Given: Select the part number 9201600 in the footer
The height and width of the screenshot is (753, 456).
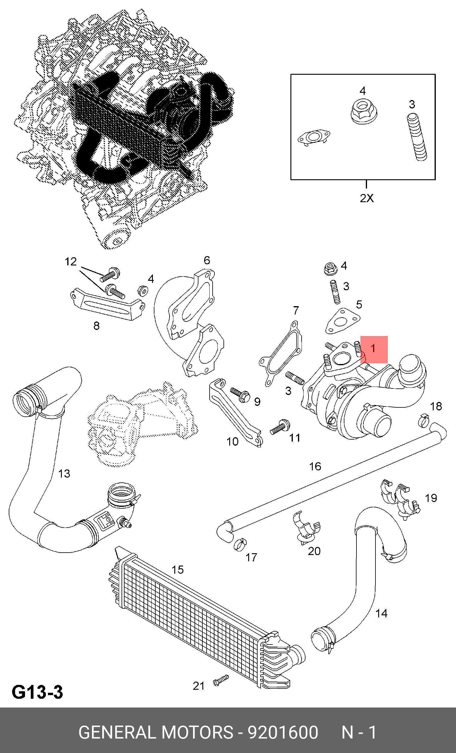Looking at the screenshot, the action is [x=283, y=732].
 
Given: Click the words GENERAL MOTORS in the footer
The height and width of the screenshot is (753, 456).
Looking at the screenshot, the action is [x=156, y=732].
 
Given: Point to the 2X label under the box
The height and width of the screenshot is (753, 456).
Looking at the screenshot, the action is [x=367, y=198].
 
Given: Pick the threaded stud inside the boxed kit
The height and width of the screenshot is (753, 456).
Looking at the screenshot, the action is [x=416, y=137].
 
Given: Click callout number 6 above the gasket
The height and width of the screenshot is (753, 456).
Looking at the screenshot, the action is [x=207, y=260].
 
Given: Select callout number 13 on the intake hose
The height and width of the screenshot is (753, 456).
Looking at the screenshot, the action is [x=64, y=474].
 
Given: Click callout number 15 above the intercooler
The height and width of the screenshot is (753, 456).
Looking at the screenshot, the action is [x=178, y=569].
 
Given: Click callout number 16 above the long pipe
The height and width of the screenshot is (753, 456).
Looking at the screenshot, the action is [x=315, y=466].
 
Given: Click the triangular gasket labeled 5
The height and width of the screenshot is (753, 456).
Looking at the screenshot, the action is [x=342, y=321].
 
